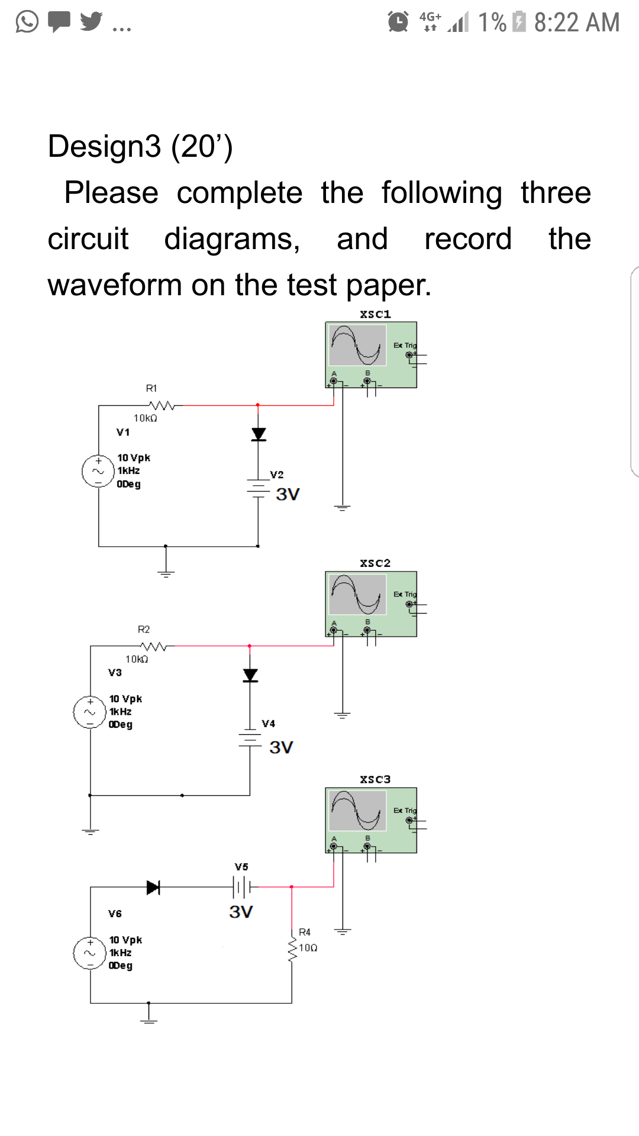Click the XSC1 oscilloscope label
pos(375,314)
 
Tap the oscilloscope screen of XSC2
pos(358,594)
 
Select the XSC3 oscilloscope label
pos(375,779)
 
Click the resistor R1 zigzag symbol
pos(162,406)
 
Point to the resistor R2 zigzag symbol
pos(153,647)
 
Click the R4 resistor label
pos(305,932)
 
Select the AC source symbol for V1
pos(98,471)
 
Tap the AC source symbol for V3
pos(90,712)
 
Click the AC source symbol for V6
pos(90,953)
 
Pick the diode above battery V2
pos(259,434)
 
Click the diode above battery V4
pos(250,675)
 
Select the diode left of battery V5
pos(153,887)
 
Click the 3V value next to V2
pos(288,494)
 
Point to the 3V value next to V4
pos(281,747)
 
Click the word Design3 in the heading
pos(104,146)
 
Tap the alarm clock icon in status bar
pos(398,22)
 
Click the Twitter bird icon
pos(91,21)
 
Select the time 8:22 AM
pos(577,22)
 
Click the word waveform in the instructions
pos(115,285)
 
